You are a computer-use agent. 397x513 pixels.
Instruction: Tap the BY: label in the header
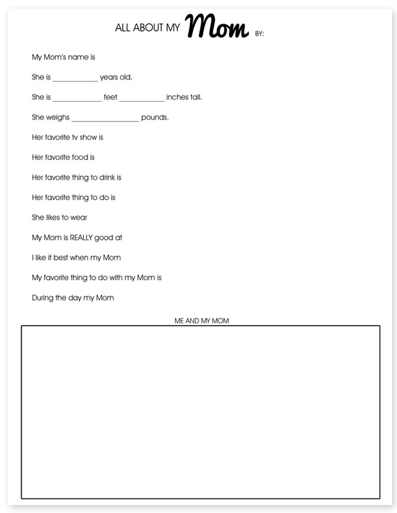tap(259, 33)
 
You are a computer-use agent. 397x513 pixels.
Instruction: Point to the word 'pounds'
tap(155, 117)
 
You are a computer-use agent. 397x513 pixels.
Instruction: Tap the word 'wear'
tap(79, 217)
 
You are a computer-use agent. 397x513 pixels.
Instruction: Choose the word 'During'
tap(43, 297)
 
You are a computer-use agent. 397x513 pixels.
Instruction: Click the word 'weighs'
tap(58, 117)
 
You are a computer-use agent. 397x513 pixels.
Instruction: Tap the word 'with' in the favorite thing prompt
tap(116, 278)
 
